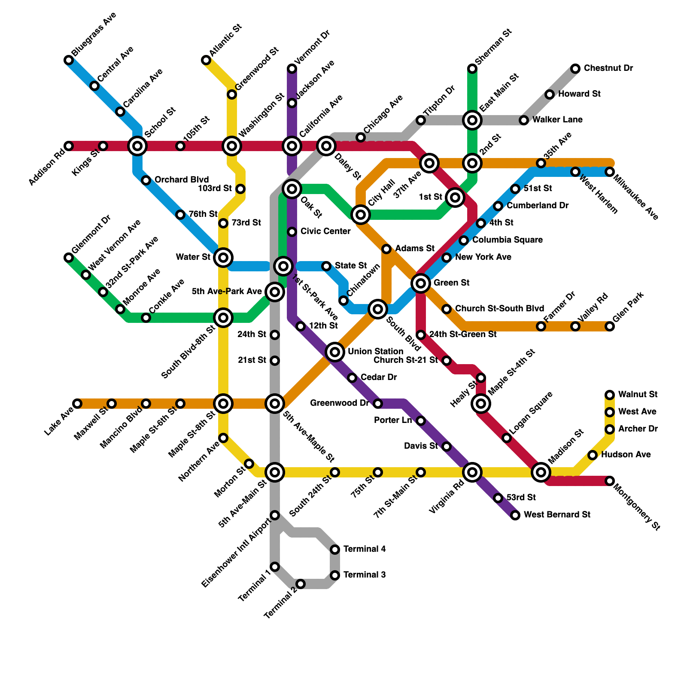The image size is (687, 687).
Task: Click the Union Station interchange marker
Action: [x=335, y=352]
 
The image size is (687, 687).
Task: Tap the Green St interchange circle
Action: [x=421, y=283]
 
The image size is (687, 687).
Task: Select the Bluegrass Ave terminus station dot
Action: [x=69, y=60]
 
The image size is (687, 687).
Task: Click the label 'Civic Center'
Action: [x=325, y=231]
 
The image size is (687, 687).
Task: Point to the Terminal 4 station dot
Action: [x=335, y=550]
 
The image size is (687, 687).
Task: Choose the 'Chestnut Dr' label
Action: [x=608, y=68]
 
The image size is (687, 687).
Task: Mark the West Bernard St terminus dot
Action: [x=515, y=515]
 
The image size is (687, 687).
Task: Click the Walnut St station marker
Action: [x=610, y=395]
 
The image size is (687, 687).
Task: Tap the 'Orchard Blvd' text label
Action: [x=181, y=179]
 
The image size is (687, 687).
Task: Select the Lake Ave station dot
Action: [x=77, y=404]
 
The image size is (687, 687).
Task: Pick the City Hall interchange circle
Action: [x=361, y=215]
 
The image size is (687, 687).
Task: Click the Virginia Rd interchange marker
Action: [x=472, y=472]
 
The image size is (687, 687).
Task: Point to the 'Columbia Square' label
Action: [x=507, y=240]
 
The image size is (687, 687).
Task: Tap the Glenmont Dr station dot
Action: [x=69, y=258]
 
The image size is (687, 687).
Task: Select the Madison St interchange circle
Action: [x=541, y=472]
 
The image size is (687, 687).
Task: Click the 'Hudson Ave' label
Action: [x=626, y=454]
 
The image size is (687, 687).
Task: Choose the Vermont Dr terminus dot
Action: [x=292, y=69]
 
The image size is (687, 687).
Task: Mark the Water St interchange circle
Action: [x=223, y=258]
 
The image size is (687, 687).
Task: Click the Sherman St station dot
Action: [x=472, y=69]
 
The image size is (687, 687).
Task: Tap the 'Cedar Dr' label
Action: [x=378, y=377]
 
